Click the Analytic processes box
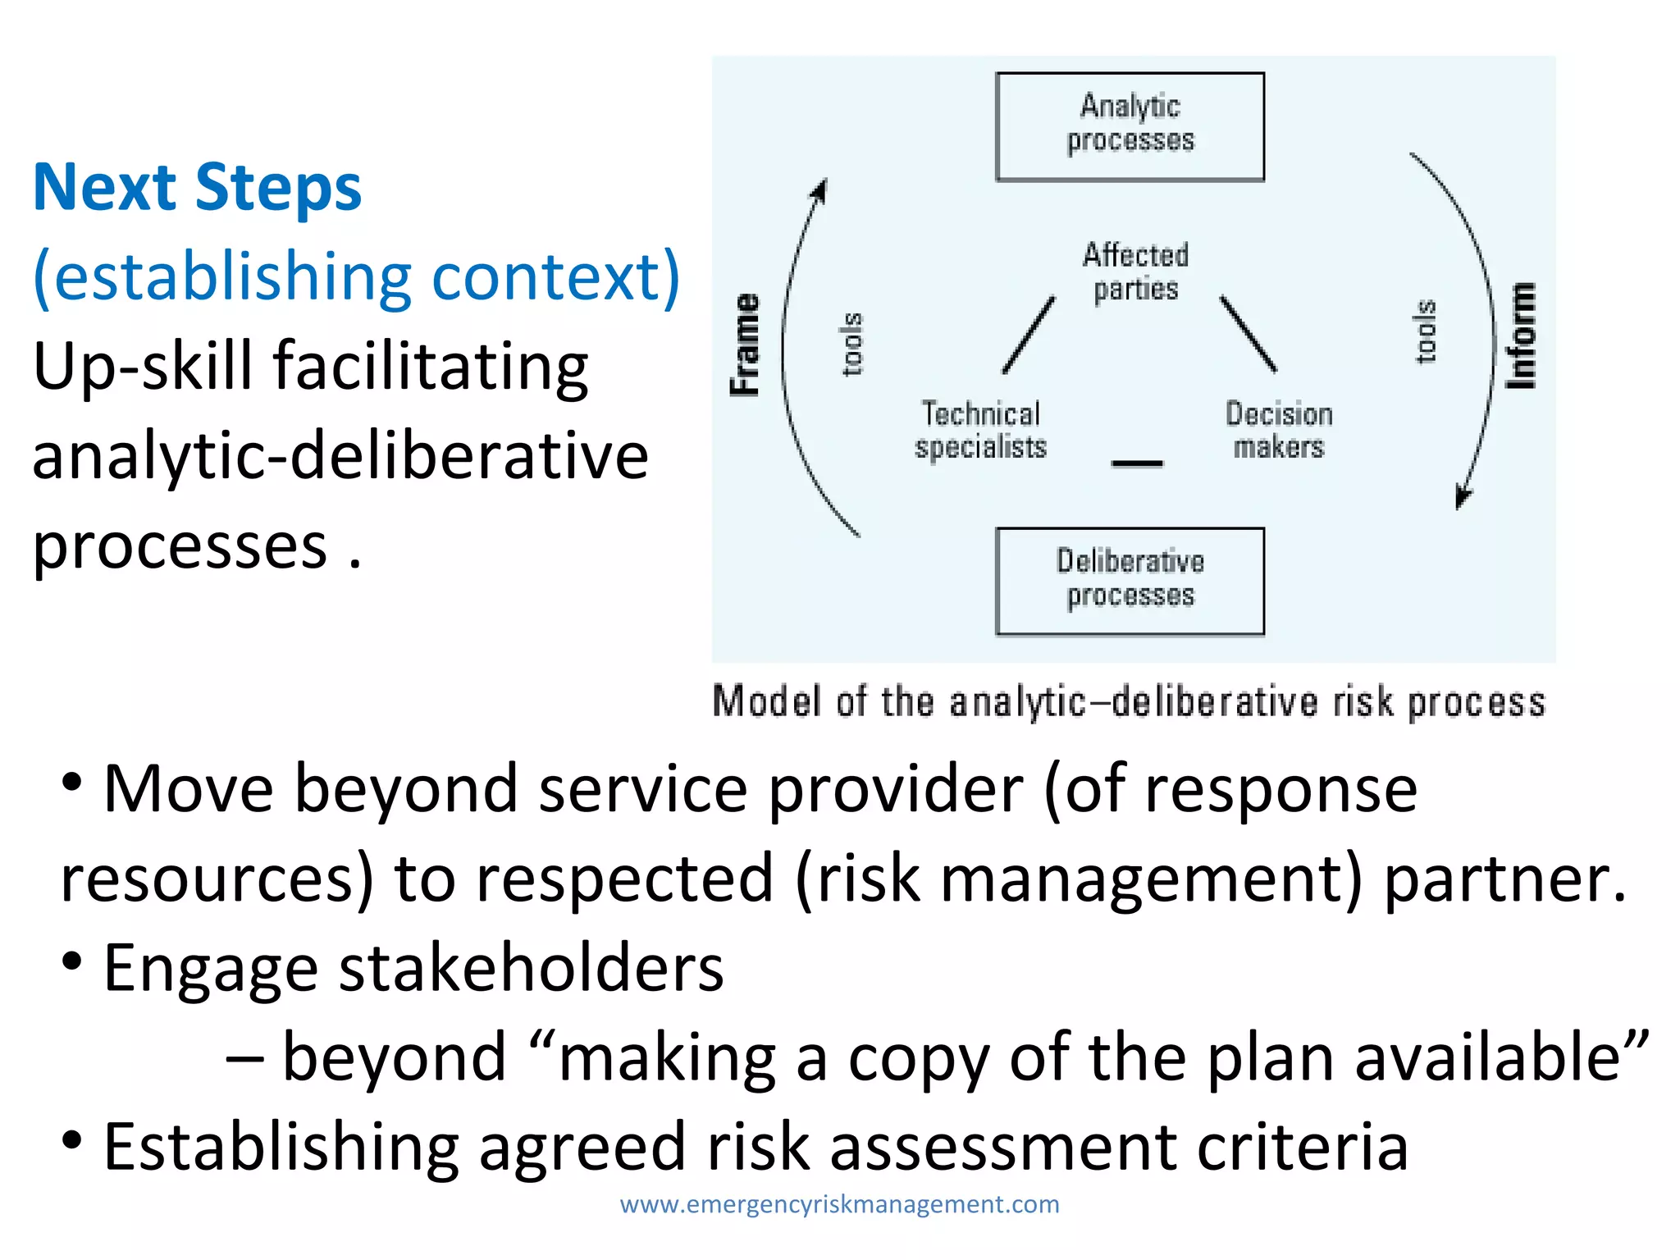(1130, 126)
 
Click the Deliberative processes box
(1130, 581)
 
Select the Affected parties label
(1135, 272)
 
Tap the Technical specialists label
(981, 431)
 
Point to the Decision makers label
(1279, 431)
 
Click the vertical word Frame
(746, 345)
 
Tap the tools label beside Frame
(852, 344)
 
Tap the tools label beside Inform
(1426, 331)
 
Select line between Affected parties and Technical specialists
(1029, 335)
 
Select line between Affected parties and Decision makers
(1248, 334)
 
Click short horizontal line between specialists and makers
(1137, 464)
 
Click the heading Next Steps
(197, 188)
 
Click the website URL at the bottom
(839, 1204)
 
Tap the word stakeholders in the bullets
(531, 968)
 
